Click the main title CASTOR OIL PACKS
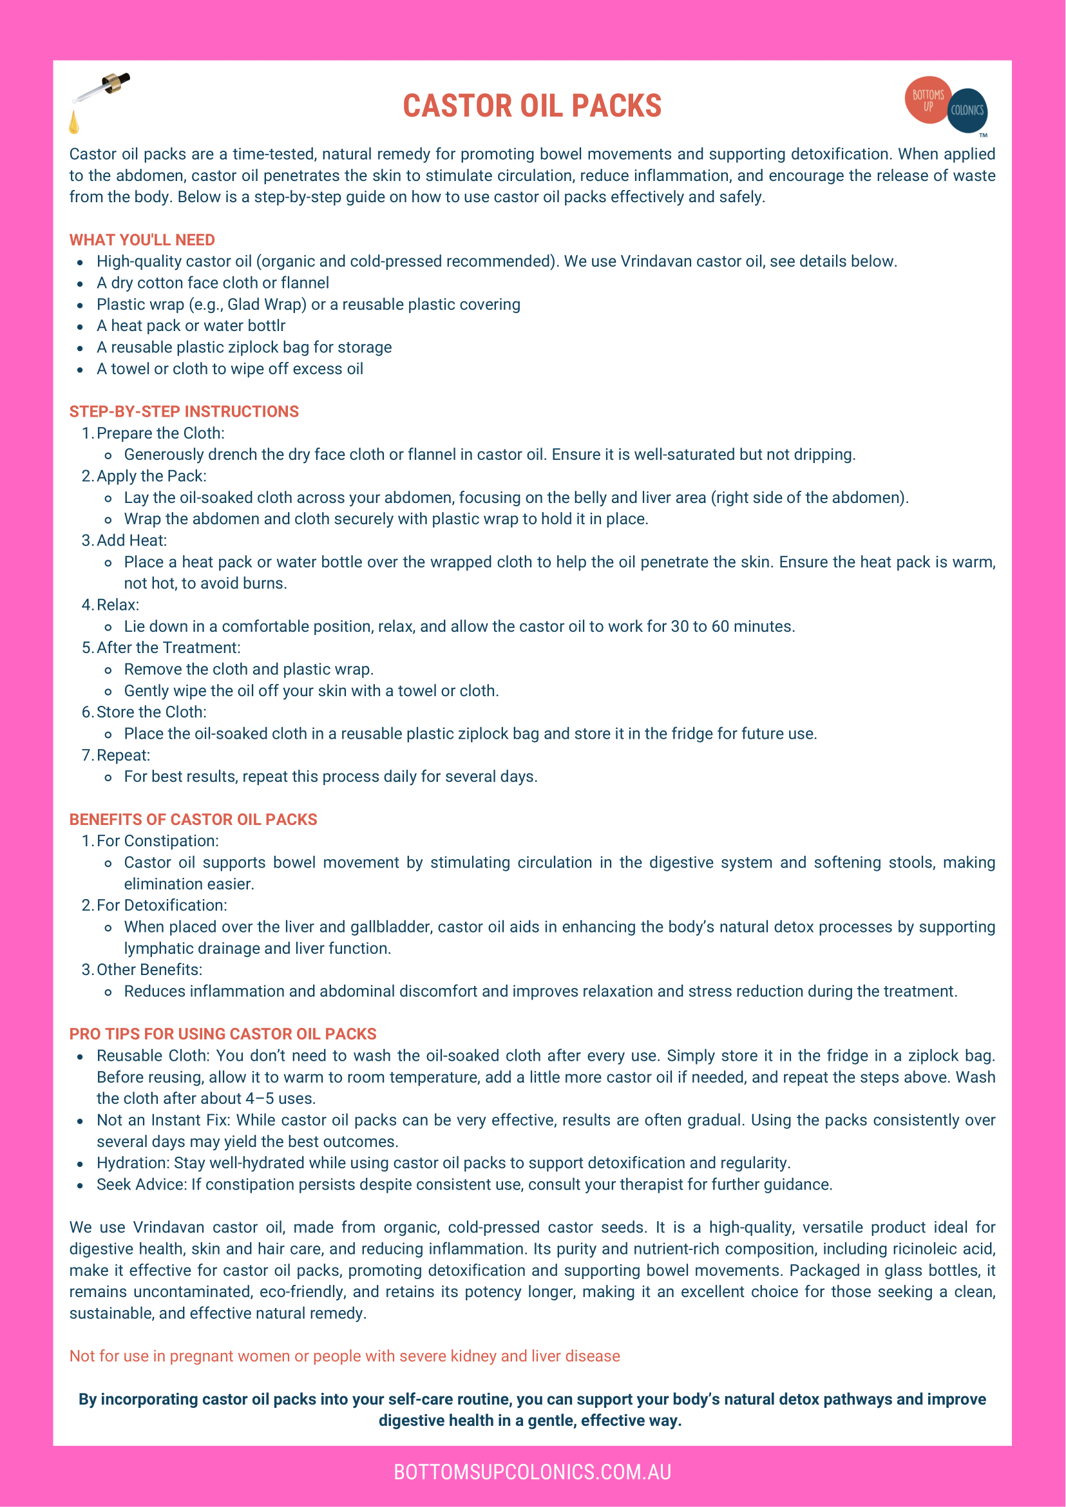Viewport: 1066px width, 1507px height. point(531,106)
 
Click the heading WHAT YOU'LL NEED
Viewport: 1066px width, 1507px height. point(142,240)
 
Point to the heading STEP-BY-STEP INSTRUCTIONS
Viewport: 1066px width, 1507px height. point(184,412)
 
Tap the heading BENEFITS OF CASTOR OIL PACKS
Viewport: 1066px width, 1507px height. point(193,819)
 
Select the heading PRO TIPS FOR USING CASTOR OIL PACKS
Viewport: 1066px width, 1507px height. point(222,1034)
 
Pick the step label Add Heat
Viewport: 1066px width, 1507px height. point(131,540)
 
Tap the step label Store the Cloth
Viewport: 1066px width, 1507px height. point(151,712)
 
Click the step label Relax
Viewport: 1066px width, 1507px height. point(117,605)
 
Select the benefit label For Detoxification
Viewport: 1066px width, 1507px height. point(162,905)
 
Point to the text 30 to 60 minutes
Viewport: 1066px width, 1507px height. point(732,626)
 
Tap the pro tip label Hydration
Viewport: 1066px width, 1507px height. point(133,1163)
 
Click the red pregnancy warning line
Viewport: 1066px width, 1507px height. point(345,1356)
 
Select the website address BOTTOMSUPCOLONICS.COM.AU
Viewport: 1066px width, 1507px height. point(532,1472)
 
